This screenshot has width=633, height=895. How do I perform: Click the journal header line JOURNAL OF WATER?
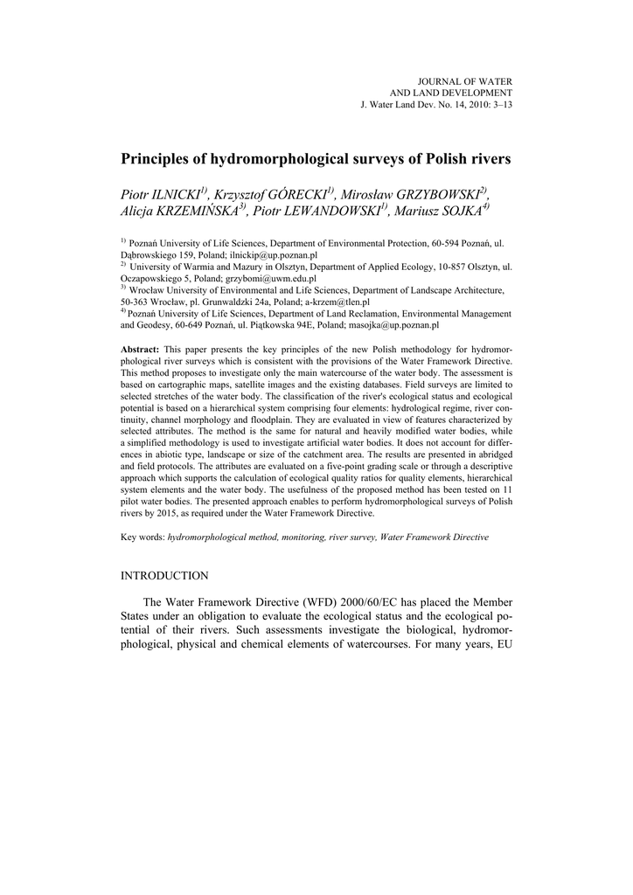click(x=469, y=80)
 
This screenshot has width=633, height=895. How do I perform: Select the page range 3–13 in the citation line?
click(x=496, y=105)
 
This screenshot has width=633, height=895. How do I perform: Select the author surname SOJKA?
click(x=460, y=212)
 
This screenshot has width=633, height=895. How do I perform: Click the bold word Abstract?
click(x=140, y=349)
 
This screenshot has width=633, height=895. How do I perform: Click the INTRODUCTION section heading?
click(x=164, y=576)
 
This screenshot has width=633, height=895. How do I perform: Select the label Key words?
click(x=143, y=537)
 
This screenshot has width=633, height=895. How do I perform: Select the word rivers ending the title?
click(x=486, y=160)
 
